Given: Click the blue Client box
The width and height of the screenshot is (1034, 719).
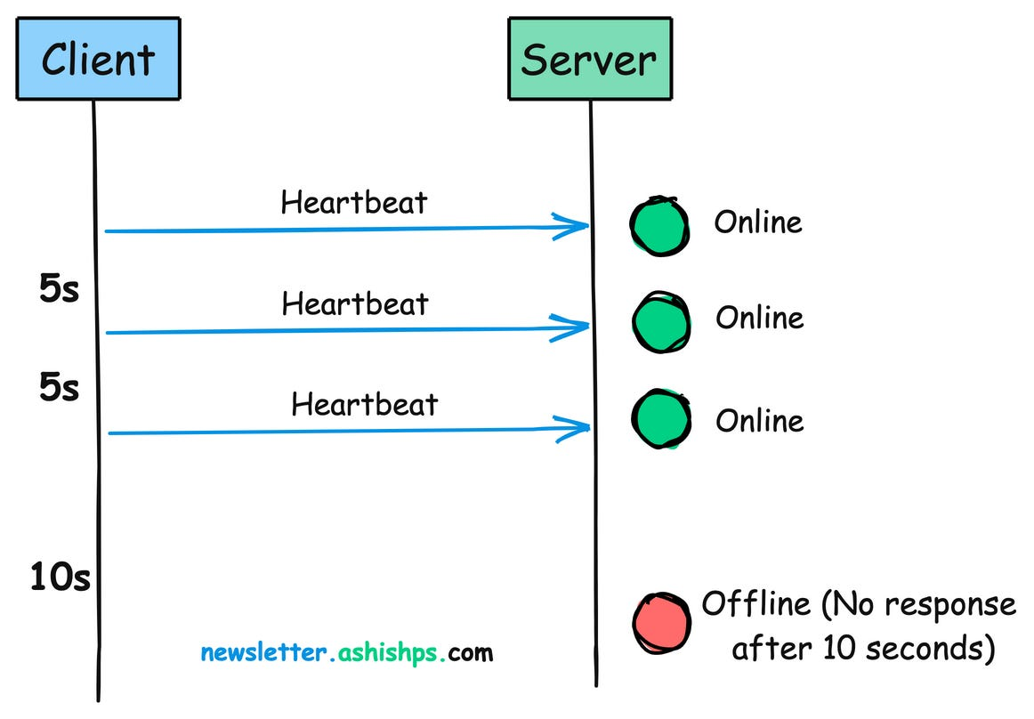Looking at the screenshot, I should pos(98,60).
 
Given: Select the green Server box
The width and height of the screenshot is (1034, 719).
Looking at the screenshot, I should pos(589,60).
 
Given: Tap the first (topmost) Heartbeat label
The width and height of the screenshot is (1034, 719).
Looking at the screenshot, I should pos(354,203).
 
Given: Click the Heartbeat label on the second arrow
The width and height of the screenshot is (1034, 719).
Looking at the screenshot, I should pos(355,304).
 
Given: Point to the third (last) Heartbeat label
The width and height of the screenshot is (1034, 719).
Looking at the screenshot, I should pos(365,405).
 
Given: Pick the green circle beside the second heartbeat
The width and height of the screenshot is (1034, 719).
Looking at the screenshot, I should pos(661,321).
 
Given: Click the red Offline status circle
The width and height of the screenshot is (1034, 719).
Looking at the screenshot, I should pos(661,622).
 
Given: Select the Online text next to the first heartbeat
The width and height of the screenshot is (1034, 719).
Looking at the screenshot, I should pos(758,222).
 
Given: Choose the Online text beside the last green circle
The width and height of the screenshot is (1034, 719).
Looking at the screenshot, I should pos(760,420).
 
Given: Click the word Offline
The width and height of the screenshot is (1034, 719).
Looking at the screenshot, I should pos(755,604).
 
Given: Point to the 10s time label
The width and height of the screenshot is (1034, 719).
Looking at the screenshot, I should pos(60,578).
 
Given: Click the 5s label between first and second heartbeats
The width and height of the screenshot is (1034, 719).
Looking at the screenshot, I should pos(60,289).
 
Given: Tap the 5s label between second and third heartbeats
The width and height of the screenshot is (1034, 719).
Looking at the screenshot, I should pos(60,389).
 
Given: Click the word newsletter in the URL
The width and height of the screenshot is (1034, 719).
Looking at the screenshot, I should pos(263,653).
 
